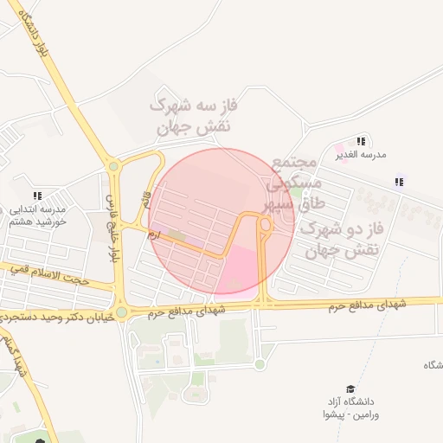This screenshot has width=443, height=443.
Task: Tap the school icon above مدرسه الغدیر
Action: pos(361,140)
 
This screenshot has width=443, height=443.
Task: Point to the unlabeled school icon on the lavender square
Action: pos(399,182)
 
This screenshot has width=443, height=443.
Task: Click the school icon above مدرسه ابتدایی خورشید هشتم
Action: pos(37,196)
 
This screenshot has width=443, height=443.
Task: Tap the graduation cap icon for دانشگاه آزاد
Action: pos(350,389)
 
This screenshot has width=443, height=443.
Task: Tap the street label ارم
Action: pos(152,234)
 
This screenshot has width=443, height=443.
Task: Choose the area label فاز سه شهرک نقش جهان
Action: pos(193,116)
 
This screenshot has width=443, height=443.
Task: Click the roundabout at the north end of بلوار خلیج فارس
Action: pos(112,167)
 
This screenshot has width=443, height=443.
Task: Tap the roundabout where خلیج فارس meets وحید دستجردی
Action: pos(121,312)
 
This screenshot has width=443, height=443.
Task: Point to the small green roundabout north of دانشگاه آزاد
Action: pos(260,364)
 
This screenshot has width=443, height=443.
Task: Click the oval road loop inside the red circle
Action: pos(265,225)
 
